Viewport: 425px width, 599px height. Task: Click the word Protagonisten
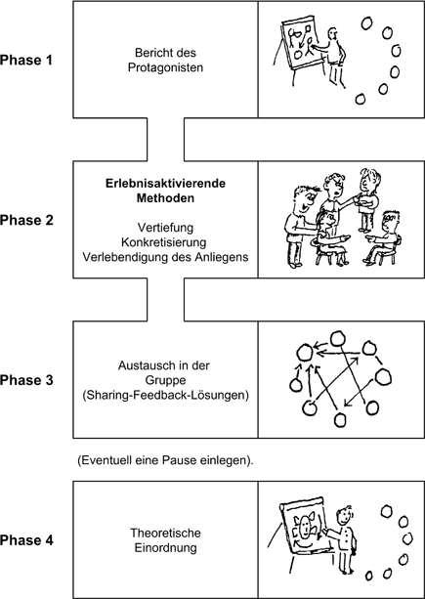point(164,67)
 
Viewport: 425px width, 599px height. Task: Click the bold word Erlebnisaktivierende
point(164,183)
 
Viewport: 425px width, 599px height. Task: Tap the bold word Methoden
point(164,198)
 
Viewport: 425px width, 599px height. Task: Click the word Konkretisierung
point(164,241)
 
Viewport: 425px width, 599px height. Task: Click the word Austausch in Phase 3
point(140,364)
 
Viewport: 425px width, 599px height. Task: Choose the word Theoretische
point(164,533)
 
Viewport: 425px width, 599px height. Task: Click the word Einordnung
point(164,548)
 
